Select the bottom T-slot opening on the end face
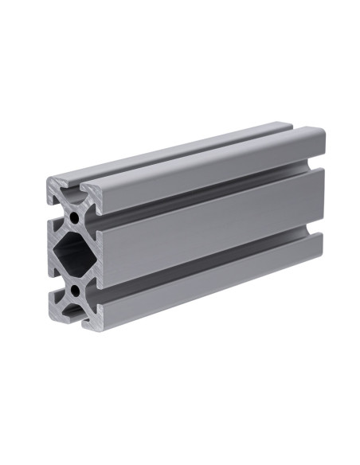73,318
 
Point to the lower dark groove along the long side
207,270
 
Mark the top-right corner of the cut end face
100,192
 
